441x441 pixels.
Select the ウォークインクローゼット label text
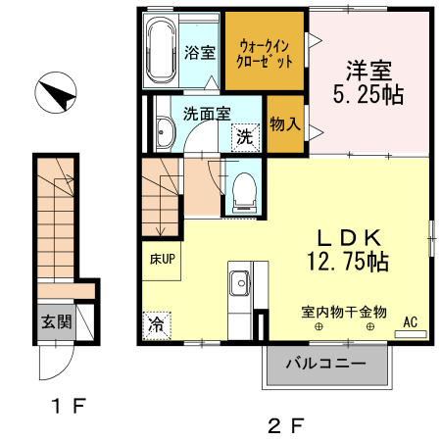point(266,52)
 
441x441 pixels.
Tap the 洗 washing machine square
point(244,137)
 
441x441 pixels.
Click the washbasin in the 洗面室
point(164,136)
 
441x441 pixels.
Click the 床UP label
point(162,260)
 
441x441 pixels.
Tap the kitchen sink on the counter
point(239,285)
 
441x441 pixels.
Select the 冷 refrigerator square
point(156,324)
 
